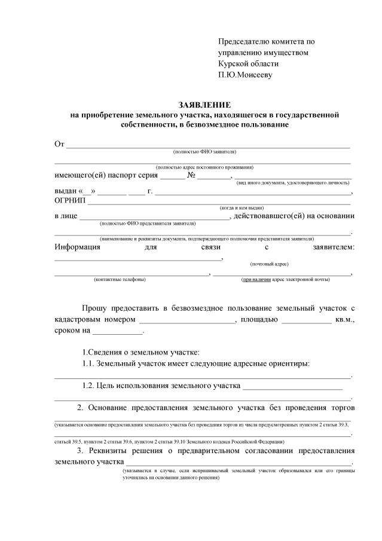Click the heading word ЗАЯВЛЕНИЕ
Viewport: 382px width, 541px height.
point(204,105)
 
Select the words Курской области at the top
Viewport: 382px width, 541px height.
point(248,63)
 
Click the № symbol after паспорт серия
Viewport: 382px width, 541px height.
point(192,176)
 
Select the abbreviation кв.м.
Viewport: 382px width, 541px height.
point(345,319)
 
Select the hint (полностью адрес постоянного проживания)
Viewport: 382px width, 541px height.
point(204,167)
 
